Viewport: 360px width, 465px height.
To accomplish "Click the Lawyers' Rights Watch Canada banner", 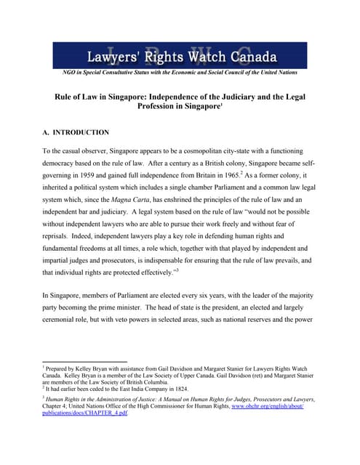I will pos(180,55).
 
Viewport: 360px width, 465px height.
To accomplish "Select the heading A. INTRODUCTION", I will pos(76,133).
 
